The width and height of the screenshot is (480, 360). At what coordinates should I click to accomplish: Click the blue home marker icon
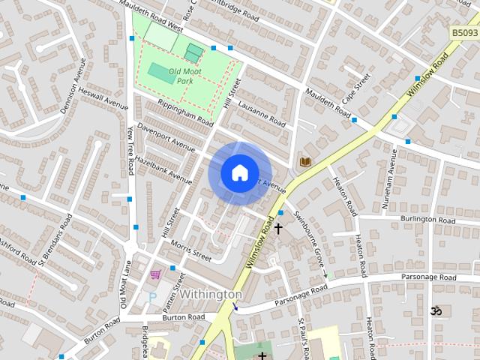[x=239, y=172]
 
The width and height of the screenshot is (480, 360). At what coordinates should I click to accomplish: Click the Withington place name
[x=211, y=295]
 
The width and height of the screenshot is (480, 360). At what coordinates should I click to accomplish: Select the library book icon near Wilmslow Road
[x=304, y=161]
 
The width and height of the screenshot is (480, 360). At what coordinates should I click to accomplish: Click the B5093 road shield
[x=465, y=33]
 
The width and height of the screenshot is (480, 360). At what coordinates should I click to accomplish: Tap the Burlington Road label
[x=428, y=220]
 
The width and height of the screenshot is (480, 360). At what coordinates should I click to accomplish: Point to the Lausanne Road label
[x=262, y=115]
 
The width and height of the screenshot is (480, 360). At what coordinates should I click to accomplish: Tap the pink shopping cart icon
[x=155, y=274]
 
